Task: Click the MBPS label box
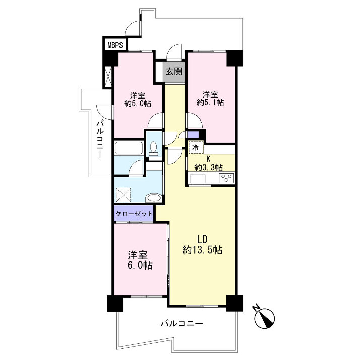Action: tap(115, 45)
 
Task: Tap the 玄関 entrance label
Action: tap(174, 72)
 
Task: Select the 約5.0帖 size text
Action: tap(138, 104)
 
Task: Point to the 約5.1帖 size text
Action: tap(210, 102)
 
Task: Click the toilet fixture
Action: tap(153, 149)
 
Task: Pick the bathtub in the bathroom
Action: tap(129, 148)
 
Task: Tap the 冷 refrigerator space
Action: tap(196, 147)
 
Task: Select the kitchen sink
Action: tap(198, 178)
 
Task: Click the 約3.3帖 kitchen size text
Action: tap(208, 167)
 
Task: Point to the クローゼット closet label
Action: tap(134, 214)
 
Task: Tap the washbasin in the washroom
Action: tap(154, 198)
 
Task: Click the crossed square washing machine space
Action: tap(124, 195)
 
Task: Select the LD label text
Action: tap(203, 239)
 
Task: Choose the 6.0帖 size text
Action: tap(140, 266)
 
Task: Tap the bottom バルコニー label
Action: tap(182, 324)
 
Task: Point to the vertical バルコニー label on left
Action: tap(100, 139)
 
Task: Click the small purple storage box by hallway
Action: tap(193, 134)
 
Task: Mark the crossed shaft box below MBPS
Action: tap(108, 77)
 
